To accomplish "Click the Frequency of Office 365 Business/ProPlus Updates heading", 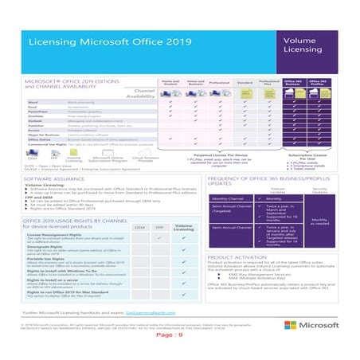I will coord(267,183).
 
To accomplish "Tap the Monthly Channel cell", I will coord(227,198).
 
